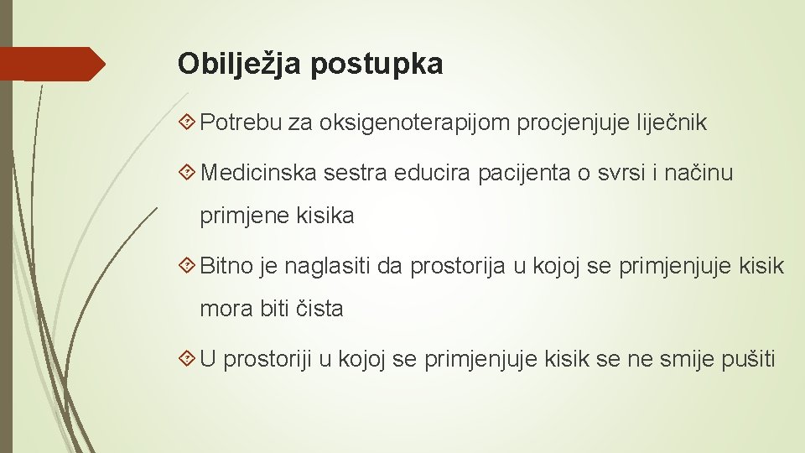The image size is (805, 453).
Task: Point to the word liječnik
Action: pyautogui.click(x=668, y=124)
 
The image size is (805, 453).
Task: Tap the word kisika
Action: pyautogui.click(x=325, y=216)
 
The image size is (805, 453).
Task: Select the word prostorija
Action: pyautogui.click(x=458, y=267)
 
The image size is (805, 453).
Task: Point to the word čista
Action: pyautogui.click(x=320, y=309)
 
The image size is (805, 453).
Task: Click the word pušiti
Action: pyautogui.click(x=749, y=360)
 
